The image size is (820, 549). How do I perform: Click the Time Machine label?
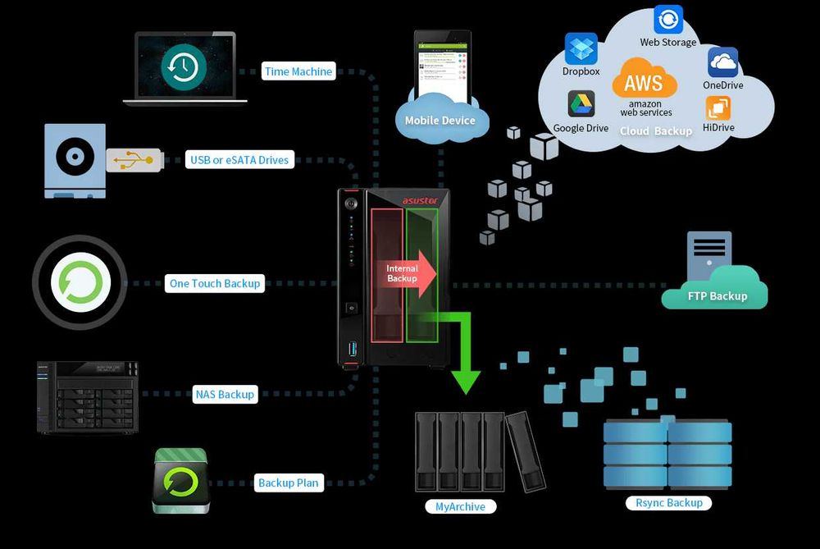(298, 71)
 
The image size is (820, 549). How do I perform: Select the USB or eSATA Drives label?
(239, 160)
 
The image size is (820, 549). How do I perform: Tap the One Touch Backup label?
(214, 284)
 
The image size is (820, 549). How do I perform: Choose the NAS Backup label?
(224, 395)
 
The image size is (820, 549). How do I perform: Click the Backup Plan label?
(288, 483)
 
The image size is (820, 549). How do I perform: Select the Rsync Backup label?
(668, 502)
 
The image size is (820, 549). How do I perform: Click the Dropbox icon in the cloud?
(581, 48)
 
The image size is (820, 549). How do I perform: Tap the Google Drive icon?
(581, 104)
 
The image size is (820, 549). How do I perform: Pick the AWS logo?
(644, 81)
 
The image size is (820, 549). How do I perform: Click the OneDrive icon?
(722, 62)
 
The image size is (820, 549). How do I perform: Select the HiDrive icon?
(718, 108)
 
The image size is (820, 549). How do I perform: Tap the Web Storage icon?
(668, 20)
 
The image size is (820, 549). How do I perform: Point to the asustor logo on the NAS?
(421, 200)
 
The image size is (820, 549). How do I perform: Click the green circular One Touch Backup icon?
(80, 283)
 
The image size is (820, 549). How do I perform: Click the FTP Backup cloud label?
(717, 295)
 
